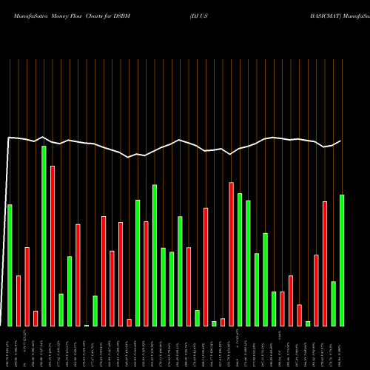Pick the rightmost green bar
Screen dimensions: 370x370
click(342, 260)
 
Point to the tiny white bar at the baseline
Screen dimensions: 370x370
click(87, 325)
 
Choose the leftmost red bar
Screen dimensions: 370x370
click(18, 300)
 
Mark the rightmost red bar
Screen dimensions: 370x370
click(325, 263)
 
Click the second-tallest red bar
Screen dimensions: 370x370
click(232, 254)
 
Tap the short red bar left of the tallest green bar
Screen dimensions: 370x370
click(36, 318)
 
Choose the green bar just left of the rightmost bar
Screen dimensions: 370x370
click(334, 303)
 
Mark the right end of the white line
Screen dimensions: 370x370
click(341, 141)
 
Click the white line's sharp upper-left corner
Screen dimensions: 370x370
click(9, 138)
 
